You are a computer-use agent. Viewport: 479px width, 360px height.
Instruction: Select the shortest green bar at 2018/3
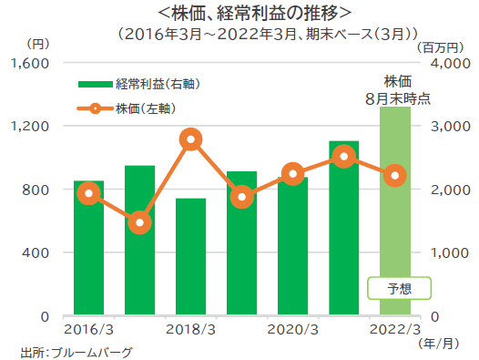pyautogui.click(x=190, y=260)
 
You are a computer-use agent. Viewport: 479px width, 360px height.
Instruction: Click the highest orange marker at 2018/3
pyautogui.click(x=190, y=139)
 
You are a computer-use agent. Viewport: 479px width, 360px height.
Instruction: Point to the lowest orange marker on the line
pyautogui.click(x=139, y=222)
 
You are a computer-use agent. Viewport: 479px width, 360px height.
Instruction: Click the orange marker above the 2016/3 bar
pyautogui.click(x=88, y=193)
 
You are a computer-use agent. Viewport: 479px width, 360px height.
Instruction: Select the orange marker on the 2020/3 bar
pyautogui.click(x=292, y=174)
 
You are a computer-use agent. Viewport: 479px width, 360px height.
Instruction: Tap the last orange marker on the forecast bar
pyautogui.click(x=394, y=176)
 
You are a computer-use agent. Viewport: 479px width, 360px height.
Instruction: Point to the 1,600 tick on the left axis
pyautogui.click(x=34, y=63)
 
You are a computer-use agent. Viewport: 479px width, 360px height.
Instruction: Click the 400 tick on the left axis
pyautogui.click(x=40, y=252)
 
